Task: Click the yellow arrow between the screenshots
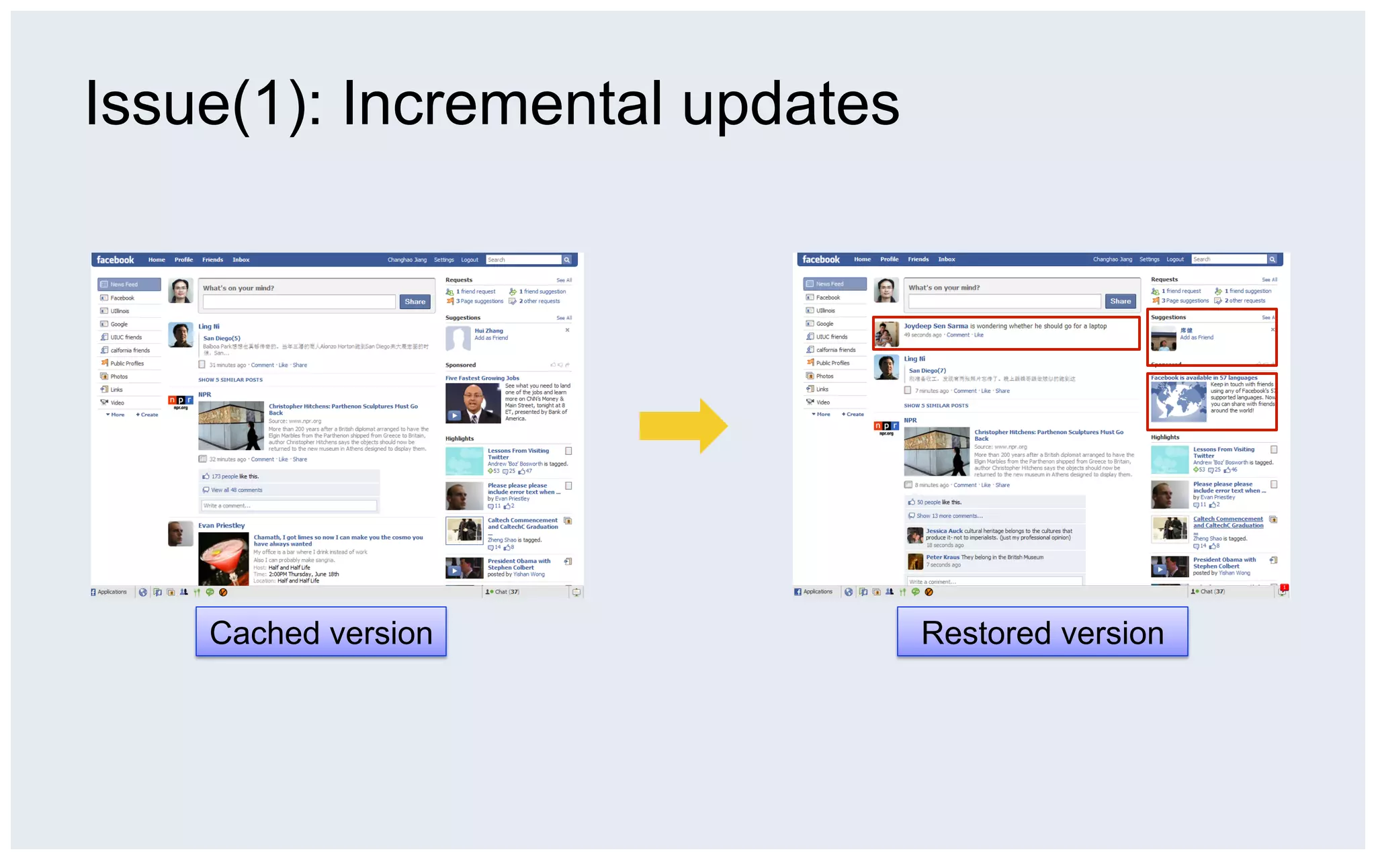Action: [683, 426]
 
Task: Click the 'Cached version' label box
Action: [320, 632]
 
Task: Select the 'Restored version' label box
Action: [1042, 632]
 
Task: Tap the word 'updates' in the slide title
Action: [791, 103]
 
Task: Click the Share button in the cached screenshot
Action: [415, 302]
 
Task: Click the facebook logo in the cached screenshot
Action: [115, 260]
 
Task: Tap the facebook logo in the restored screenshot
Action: [820, 259]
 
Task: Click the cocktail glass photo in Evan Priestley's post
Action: [223, 558]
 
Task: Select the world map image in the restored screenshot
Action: [1178, 402]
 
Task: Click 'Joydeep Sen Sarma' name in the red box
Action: [935, 326]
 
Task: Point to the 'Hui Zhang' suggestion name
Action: [488, 331]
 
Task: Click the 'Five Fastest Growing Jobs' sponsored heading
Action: [482, 378]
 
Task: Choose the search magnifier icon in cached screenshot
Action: [567, 260]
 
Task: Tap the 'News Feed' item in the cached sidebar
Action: [129, 284]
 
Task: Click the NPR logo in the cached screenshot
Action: [180, 401]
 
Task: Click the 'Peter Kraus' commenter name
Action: [942, 557]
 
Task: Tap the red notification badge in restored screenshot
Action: [1284, 587]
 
